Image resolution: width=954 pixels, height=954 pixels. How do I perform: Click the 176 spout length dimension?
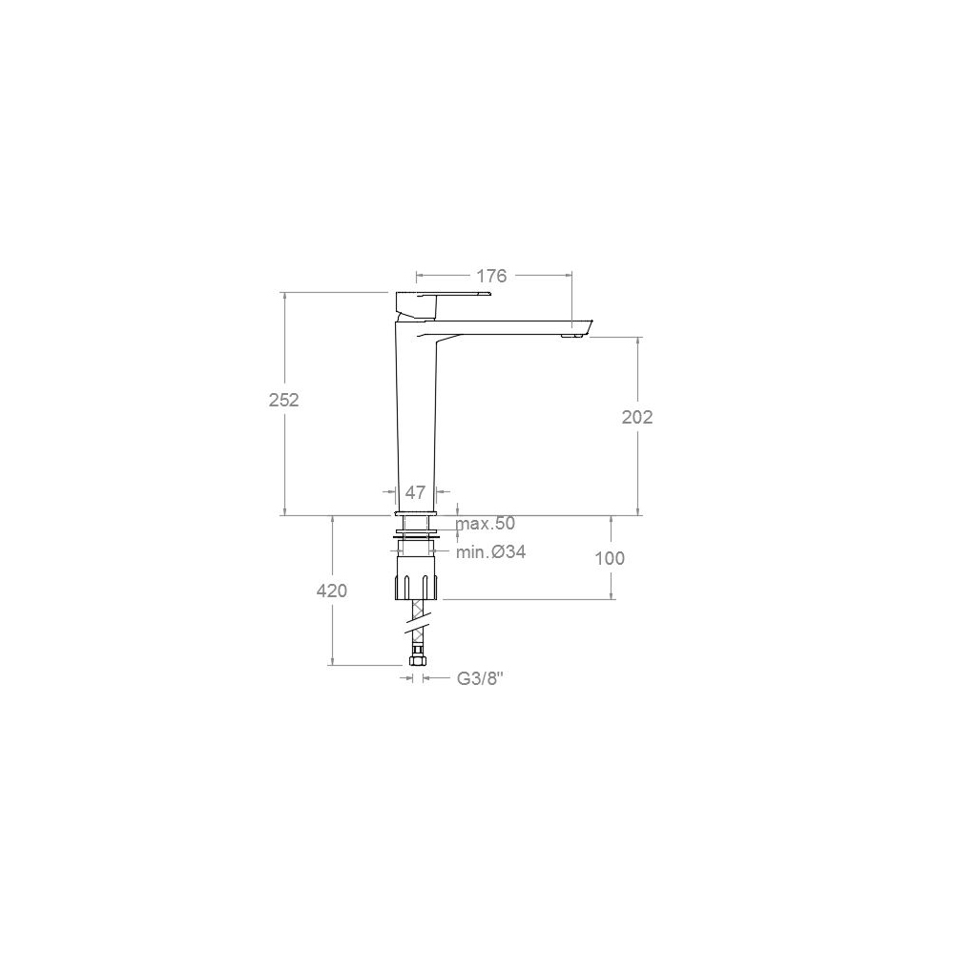[x=491, y=277]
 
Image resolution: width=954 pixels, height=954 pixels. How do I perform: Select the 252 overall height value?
[x=284, y=400]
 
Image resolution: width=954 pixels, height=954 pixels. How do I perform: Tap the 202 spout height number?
[x=637, y=417]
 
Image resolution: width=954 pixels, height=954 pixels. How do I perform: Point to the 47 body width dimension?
[x=415, y=492]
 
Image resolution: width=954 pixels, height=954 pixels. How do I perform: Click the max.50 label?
[x=486, y=523]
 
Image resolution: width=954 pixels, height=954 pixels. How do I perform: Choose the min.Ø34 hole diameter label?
[x=491, y=551]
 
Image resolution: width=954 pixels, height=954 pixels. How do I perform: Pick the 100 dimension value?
[x=610, y=558]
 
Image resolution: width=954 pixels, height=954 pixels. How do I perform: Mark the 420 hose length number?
[x=332, y=591]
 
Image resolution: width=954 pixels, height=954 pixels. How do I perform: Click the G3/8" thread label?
[x=481, y=678]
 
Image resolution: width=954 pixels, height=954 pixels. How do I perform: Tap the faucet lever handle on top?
[x=443, y=298]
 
